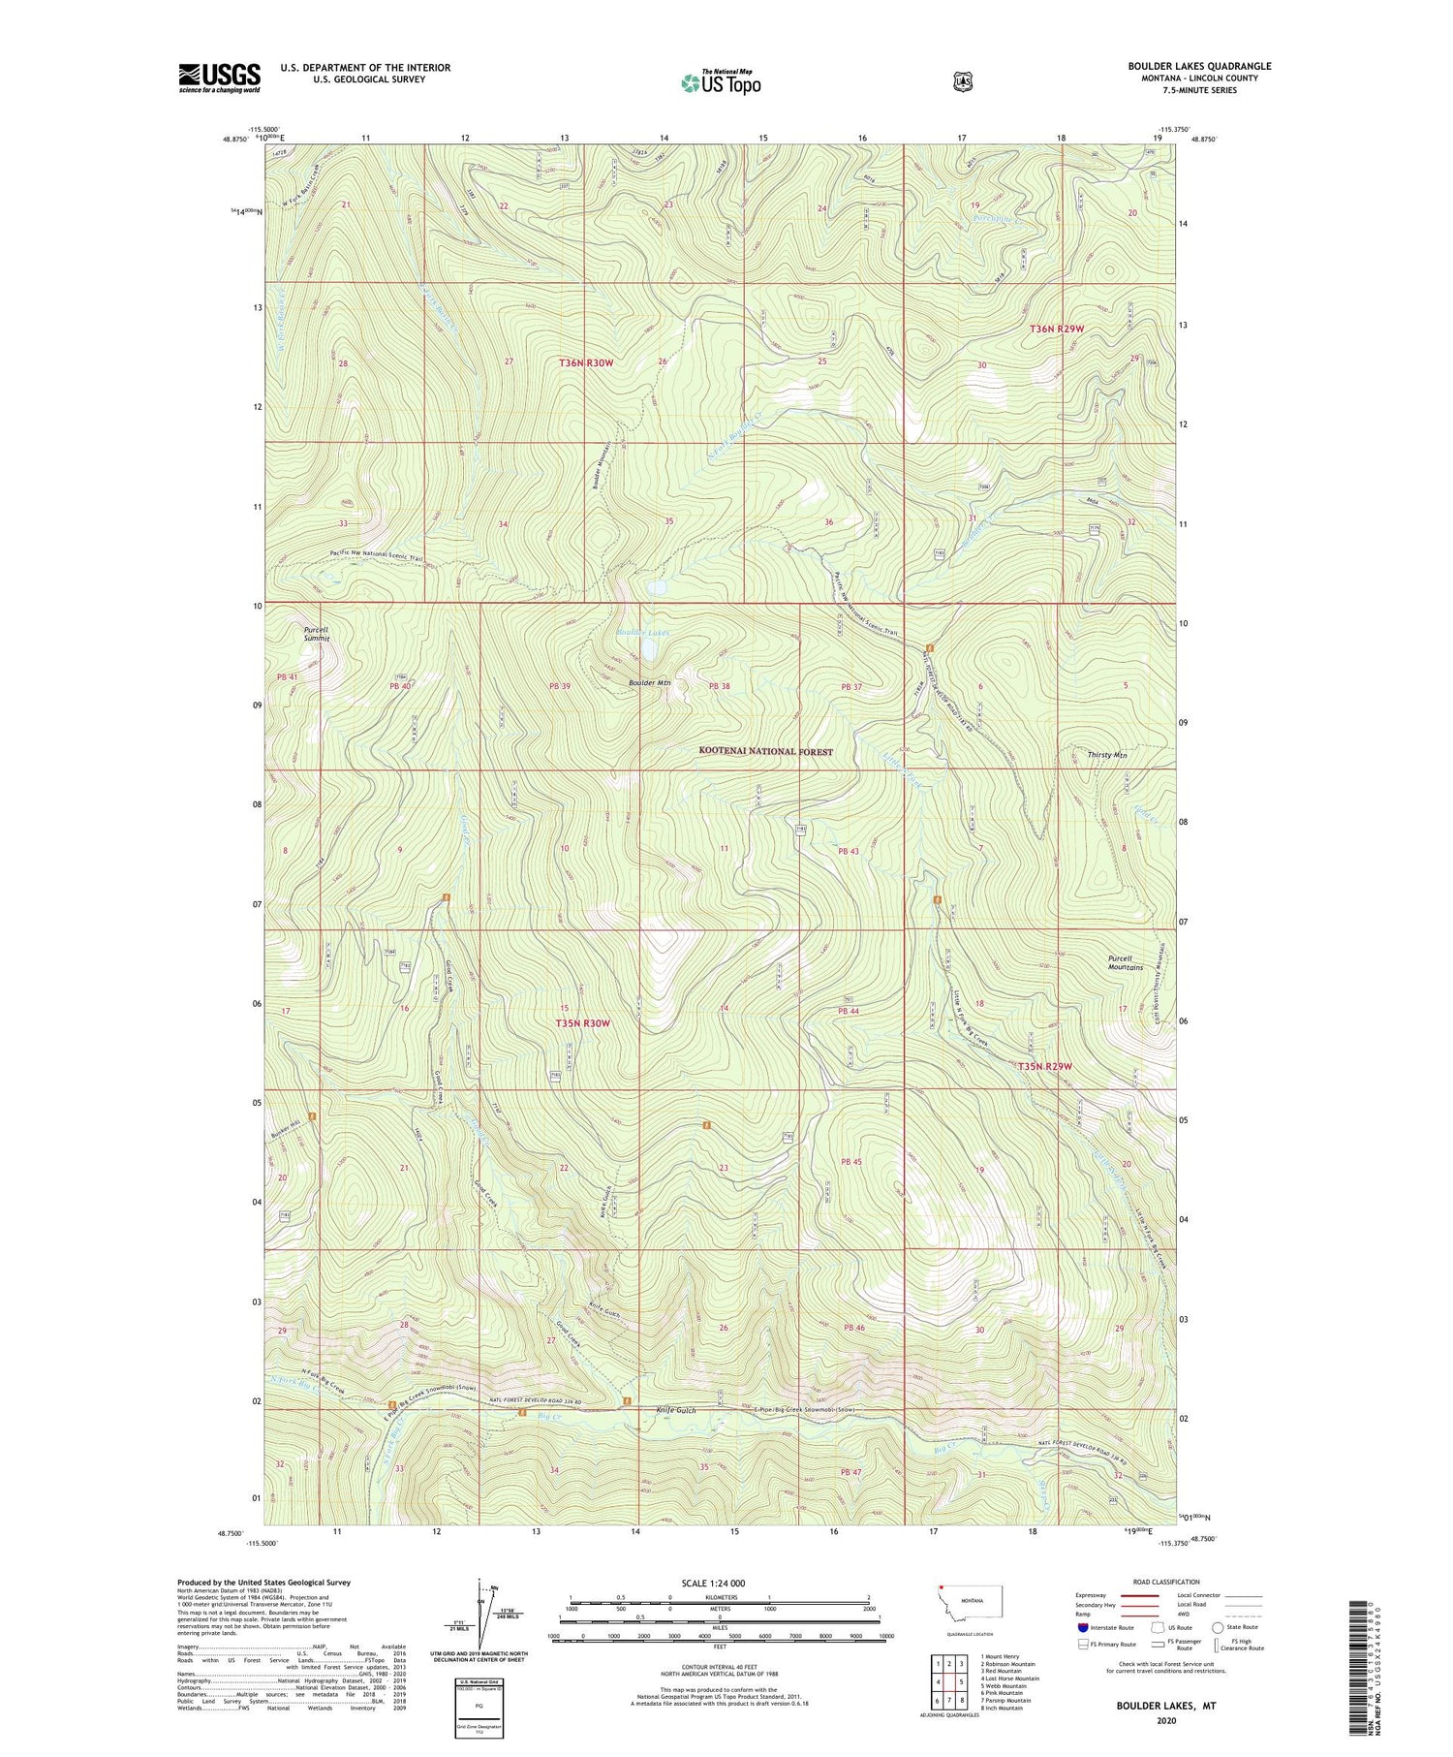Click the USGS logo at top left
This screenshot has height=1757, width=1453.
coord(219,78)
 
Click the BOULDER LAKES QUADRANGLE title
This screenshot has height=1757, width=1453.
coord(1198,66)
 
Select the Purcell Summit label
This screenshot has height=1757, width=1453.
coord(316,634)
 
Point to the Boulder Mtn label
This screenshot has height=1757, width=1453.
coord(649,683)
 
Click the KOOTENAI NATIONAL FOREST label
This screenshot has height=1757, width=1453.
coord(766,751)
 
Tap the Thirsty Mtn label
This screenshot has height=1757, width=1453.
coord(1106,754)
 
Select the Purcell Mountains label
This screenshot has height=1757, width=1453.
coord(1125,962)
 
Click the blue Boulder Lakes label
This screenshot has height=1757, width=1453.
coord(642,633)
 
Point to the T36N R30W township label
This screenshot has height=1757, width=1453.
coord(586,362)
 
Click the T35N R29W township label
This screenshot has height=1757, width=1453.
coord(1045,1066)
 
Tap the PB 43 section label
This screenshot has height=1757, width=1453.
coord(848,851)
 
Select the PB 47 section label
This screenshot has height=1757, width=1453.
coord(850,1472)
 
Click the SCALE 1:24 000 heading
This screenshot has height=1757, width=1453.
coord(713,1583)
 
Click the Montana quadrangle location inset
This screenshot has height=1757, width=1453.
coord(970,1607)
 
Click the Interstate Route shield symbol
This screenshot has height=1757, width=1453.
coord(1082,1627)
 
